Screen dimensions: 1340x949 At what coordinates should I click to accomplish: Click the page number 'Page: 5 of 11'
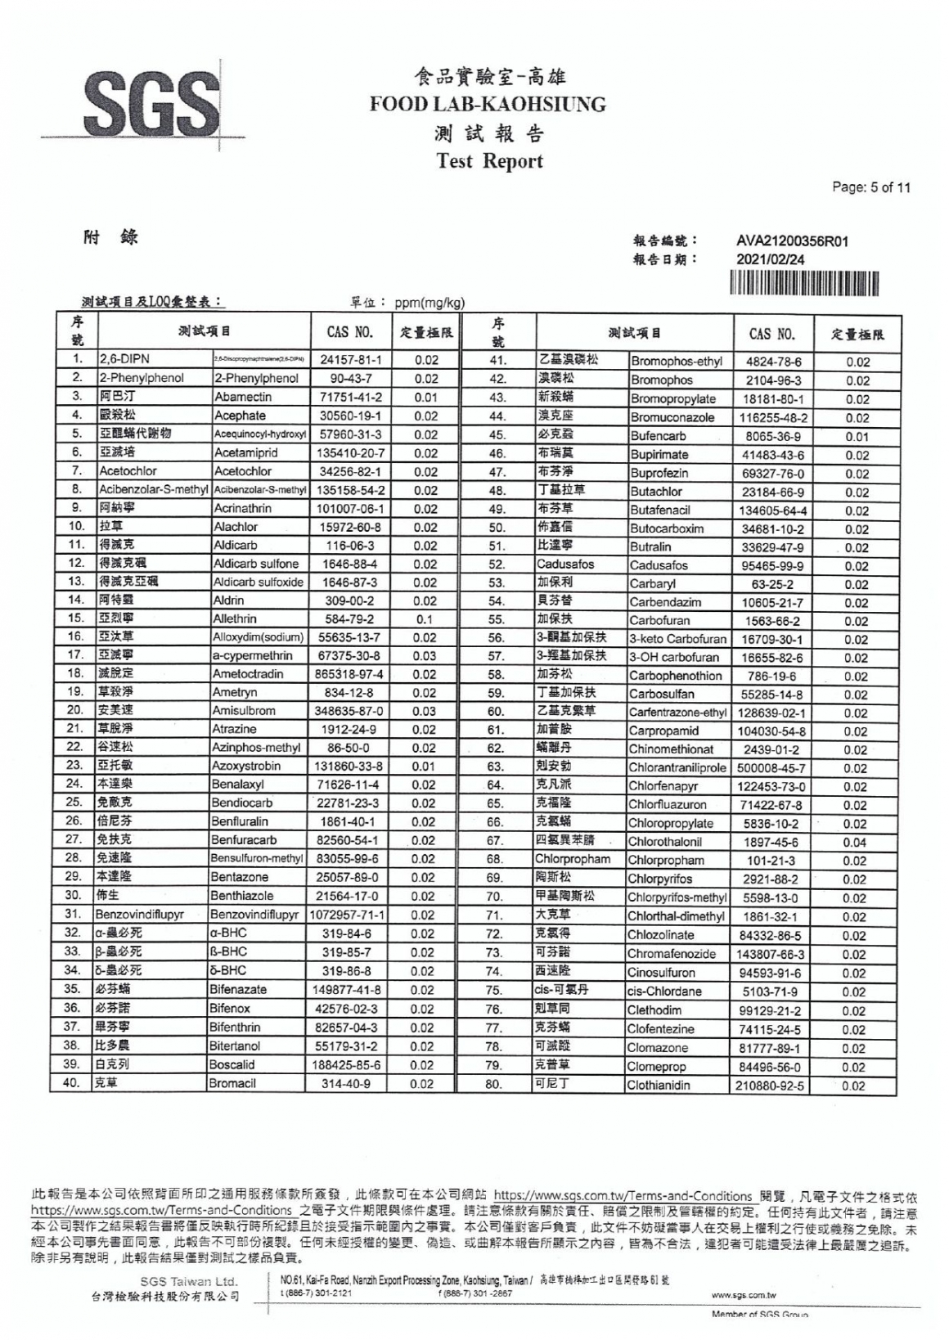870,187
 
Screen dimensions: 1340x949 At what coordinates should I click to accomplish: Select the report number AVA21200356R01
793,241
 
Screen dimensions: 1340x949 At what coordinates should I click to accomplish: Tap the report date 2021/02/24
771,259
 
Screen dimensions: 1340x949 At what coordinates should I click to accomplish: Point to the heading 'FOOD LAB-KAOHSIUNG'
488,105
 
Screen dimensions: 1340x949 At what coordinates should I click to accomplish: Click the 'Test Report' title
490,161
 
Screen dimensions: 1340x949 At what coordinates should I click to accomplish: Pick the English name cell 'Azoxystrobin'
247,767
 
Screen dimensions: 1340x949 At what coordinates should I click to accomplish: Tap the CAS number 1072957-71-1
349,915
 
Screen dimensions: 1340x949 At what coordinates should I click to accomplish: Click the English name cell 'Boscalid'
233,1065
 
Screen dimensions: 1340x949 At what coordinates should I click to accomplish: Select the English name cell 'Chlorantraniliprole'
677,768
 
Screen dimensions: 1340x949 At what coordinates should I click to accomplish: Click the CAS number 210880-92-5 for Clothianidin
773,1086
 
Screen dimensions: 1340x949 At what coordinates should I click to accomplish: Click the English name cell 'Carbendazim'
665,602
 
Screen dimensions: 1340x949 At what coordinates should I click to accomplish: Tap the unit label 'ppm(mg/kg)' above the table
430,304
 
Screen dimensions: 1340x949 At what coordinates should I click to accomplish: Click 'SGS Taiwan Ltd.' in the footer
189,1281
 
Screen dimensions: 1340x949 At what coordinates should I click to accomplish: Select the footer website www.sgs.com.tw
744,1295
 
